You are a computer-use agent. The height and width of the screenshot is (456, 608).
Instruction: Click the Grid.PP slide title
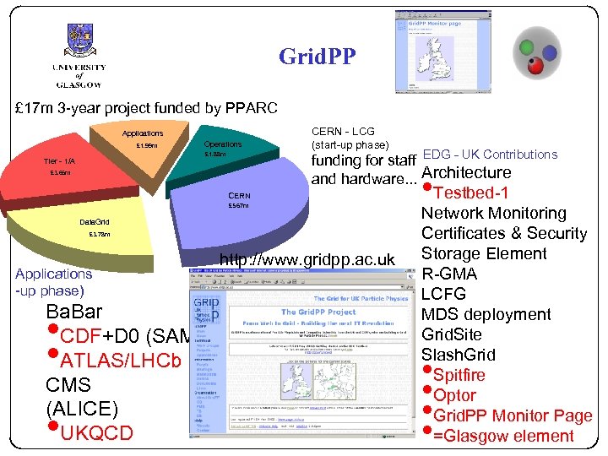click(x=318, y=57)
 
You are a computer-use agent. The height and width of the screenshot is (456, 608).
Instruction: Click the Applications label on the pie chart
click(x=143, y=133)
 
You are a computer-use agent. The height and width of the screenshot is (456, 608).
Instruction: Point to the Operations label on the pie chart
click(x=223, y=144)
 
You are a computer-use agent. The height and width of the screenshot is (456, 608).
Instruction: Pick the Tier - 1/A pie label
click(x=59, y=161)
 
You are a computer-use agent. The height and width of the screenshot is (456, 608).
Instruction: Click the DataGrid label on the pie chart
click(x=94, y=221)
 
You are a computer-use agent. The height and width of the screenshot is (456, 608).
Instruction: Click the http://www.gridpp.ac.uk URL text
click(x=307, y=260)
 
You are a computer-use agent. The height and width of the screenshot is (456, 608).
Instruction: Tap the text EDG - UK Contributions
click(x=490, y=155)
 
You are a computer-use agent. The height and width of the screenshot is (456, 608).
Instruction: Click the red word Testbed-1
click(x=480, y=193)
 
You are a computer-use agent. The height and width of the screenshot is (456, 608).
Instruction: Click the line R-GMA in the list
click(x=449, y=274)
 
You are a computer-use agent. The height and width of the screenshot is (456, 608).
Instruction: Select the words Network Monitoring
click(x=494, y=213)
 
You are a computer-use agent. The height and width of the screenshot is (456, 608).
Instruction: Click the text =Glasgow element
click(x=503, y=436)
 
